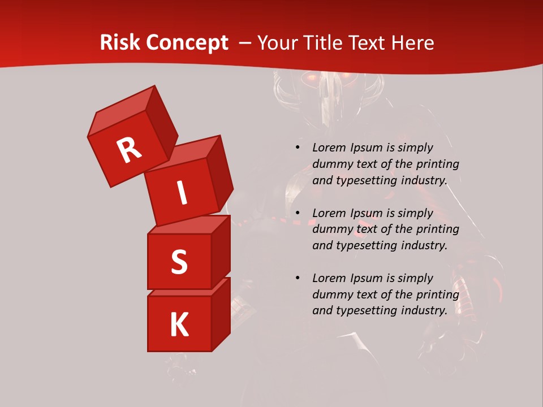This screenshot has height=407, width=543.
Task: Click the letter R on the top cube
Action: pos(129,150)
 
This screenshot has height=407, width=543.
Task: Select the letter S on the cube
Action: pos(179,262)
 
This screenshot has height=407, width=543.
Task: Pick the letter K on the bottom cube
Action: pos(179,324)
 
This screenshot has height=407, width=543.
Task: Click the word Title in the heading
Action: pos(324,43)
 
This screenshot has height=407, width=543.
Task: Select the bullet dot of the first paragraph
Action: pos(298,148)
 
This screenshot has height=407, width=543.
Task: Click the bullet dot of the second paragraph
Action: pos(298,213)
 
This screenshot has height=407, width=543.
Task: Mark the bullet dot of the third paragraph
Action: pos(298,278)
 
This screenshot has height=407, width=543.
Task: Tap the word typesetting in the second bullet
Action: pos(367,246)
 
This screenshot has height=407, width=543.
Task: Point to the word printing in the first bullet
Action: pos(437,164)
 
